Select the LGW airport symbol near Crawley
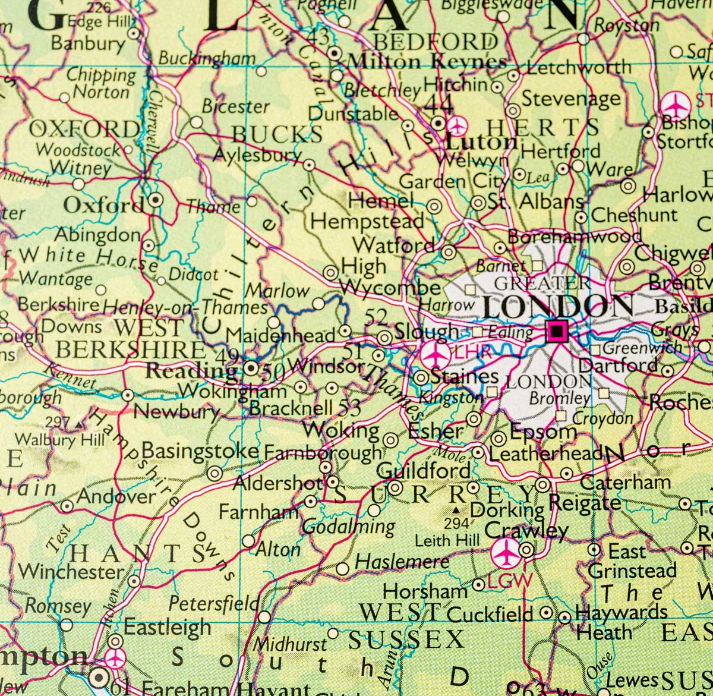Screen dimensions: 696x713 (x=506, y=553)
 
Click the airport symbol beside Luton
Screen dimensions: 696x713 (x=457, y=125)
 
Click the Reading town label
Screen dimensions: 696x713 (x=191, y=370)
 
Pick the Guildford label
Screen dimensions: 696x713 (x=423, y=470)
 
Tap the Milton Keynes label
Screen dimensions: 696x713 (x=426, y=61)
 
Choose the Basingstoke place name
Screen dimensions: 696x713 (x=200, y=451)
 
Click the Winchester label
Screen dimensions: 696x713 (x=71, y=571)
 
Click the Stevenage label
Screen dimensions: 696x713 (x=570, y=98)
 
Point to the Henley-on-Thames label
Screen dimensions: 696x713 (x=185, y=307)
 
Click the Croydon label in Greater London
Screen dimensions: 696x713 (x=603, y=418)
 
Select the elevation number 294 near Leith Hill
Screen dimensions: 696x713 (x=456, y=524)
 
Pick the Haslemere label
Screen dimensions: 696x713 (x=402, y=561)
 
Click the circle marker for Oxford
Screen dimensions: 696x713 (x=155, y=200)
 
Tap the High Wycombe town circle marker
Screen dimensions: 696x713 (x=330, y=273)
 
